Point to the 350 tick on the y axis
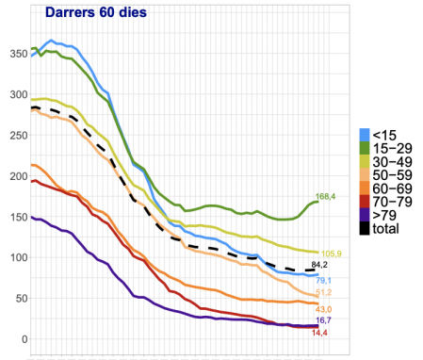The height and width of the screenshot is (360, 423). coord(15,53)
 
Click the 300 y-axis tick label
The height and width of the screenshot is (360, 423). coord(15,94)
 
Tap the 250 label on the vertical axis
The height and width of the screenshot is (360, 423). coord(15,135)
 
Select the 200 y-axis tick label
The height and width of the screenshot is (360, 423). coord(15,176)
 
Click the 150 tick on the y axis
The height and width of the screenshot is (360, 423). coord(15,217)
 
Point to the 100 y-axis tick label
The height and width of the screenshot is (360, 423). coord(15,257)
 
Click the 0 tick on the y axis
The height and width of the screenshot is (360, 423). coord(21,339)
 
